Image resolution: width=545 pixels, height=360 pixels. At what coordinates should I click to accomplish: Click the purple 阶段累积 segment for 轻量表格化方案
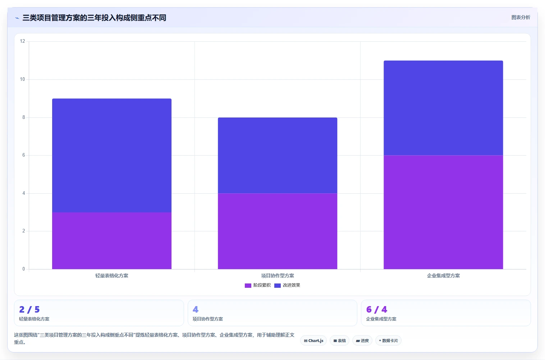(x=112, y=241)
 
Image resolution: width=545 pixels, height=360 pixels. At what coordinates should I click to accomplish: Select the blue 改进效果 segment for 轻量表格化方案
(x=112, y=155)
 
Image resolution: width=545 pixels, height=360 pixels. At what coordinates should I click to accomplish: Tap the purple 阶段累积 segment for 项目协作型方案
(x=278, y=231)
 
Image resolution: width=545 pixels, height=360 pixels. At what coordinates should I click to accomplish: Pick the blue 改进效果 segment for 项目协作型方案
(x=278, y=155)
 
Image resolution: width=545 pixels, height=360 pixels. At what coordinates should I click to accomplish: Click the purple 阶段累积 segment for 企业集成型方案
(x=443, y=212)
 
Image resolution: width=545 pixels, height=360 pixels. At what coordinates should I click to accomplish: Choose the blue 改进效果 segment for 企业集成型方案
(x=443, y=108)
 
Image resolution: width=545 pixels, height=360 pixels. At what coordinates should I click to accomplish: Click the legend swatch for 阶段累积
(x=248, y=285)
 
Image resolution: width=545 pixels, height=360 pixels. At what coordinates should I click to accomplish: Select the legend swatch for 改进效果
(x=278, y=285)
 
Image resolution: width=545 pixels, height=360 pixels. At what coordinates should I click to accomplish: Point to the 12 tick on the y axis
(x=23, y=41)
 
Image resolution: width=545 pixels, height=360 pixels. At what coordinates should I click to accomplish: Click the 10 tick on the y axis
(x=23, y=79)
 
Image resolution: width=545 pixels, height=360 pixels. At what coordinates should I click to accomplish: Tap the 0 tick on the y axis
(x=24, y=269)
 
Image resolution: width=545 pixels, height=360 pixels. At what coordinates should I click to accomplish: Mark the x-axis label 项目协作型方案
(x=278, y=276)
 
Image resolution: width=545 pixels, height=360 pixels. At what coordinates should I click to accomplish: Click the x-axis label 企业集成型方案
(x=443, y=276)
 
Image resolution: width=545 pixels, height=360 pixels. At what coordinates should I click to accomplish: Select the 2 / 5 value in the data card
(x=29, y=309)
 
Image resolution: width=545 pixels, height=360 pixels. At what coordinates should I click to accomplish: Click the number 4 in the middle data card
(x=195, y=309)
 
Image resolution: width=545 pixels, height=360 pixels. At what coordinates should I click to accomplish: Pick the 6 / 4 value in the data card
(x=376, y=309)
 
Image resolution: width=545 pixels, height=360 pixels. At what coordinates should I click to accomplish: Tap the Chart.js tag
(x=313, y=341)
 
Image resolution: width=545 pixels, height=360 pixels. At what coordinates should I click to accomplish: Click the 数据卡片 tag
(x=388, y=341)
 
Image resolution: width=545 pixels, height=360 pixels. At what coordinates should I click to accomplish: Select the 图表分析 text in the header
(x=521, y=18)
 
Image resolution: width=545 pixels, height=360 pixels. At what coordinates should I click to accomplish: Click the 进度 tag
(x=362, y=341)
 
